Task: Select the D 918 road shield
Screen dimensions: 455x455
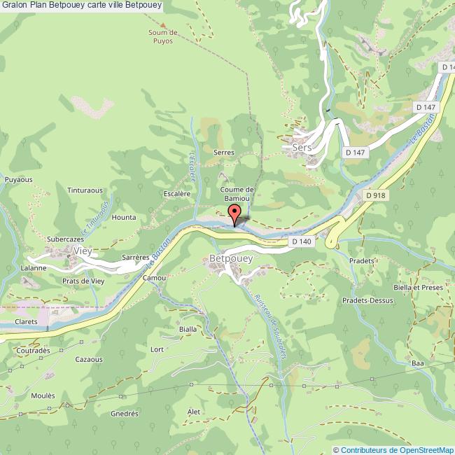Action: coord(376,196)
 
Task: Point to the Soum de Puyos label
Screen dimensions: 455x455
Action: coord(164,36)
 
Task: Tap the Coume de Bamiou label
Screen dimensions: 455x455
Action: coord(237,194)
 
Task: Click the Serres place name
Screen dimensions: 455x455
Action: coord(224,152)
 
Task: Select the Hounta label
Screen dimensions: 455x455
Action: coord(124,218)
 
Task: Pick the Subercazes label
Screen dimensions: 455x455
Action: coord(66,239)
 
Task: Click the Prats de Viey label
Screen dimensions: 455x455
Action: coord(83,281)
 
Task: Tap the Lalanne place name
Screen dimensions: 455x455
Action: coord(33,267)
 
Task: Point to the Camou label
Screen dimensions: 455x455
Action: coord(154,277)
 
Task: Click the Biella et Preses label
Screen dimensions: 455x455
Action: coord(418,287)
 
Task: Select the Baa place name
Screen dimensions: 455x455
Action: coord(418,364)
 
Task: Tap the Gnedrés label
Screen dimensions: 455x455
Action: coord(124,414)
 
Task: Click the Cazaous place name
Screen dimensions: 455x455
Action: coord(90,359)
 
